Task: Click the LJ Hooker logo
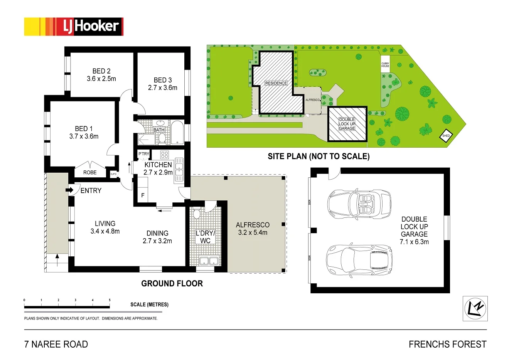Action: tap(74, 27)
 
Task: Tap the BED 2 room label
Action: tap(101, 71)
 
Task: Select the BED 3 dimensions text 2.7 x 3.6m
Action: tap(163, 88)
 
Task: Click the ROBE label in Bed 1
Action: tap(90, 172)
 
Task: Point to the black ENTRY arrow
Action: tap(70, 190)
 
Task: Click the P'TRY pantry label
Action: tap(143, 154)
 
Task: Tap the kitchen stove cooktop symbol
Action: tap(164, 155)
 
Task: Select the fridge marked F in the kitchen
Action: tap(143, 195)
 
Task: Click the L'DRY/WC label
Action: tap(205, 237)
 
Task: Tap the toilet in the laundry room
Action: tap(196, 214)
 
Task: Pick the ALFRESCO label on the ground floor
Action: tap(253, 225)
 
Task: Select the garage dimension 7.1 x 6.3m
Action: tap(414, 242)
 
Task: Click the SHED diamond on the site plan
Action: tap(446, 136)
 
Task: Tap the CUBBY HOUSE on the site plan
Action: tap(385, 65)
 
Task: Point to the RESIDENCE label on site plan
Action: tap(276, 83)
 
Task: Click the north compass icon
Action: tap(475, 308)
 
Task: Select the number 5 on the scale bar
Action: tap(110, 300)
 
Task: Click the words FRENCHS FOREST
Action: tap(447, 344)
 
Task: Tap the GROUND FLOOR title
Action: tap(172, 284)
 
